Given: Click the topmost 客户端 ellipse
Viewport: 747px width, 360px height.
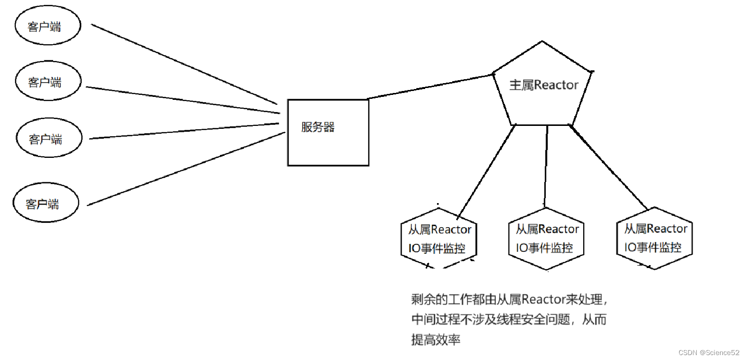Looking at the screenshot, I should (x=47, y=27).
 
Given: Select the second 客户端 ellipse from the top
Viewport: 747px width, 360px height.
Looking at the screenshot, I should (x=47, y=82).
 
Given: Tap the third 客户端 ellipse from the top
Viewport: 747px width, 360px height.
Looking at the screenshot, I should (x=47, y=139).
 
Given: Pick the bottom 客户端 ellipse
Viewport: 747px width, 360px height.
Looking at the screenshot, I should (x=45, y=204).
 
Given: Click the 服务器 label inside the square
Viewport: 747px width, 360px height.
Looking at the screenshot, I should (x=318, y=127).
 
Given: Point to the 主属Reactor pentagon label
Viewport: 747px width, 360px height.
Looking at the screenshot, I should (x=544, y=85).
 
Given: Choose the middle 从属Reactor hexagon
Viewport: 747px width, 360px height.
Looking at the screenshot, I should (x=546, y=239).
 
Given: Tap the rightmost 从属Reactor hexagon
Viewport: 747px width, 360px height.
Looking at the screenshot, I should (x=654, y=239).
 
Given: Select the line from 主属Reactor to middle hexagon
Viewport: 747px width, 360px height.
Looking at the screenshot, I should (x=546, y=165).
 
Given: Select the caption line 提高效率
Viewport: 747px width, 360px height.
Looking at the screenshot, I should (x=436, y=339).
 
